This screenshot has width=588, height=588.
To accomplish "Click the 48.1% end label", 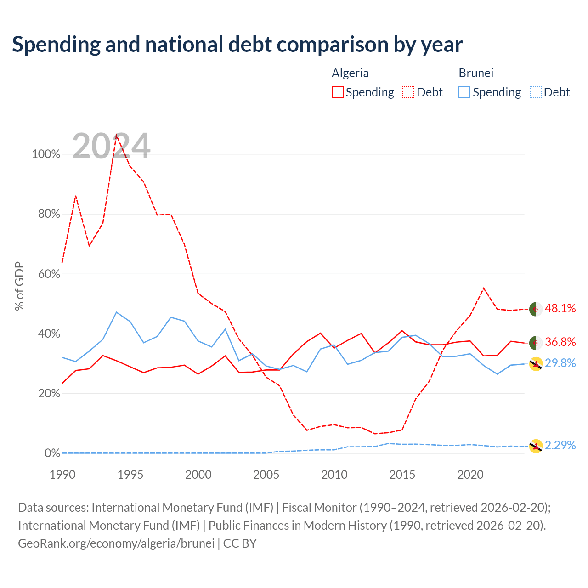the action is click(560, 308).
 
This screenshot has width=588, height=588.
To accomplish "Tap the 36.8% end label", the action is click(560, 342).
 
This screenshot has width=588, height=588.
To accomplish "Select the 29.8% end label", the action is click(560, 363).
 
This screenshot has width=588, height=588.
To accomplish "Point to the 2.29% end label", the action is click(560, 445).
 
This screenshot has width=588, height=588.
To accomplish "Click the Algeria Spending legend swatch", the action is click(337, 92).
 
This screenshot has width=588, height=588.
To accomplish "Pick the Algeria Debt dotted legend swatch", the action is click(408, 92).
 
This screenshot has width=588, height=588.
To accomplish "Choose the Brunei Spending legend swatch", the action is click(464, 92).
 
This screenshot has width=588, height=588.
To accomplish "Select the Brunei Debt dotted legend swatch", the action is click(535, 92).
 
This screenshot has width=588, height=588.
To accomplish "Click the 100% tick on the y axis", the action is click(46, 154).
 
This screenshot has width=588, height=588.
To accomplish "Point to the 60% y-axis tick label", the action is click(49, 274).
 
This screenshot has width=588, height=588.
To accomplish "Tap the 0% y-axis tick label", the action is click(52, 453).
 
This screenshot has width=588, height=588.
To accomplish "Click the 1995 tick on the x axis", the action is click(130, 475).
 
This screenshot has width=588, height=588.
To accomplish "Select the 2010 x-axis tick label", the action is click(334, 475).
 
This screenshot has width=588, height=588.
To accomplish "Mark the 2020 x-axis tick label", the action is click(470, 475).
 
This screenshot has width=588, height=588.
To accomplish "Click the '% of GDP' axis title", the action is click(19, 286).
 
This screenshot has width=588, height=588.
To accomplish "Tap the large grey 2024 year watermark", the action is click(111, 146).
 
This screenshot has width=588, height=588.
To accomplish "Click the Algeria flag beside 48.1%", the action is click(536, 309).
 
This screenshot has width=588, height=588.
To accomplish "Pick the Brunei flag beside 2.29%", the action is click(536, 446).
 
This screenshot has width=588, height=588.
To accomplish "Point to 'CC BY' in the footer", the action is click(240, 543).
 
